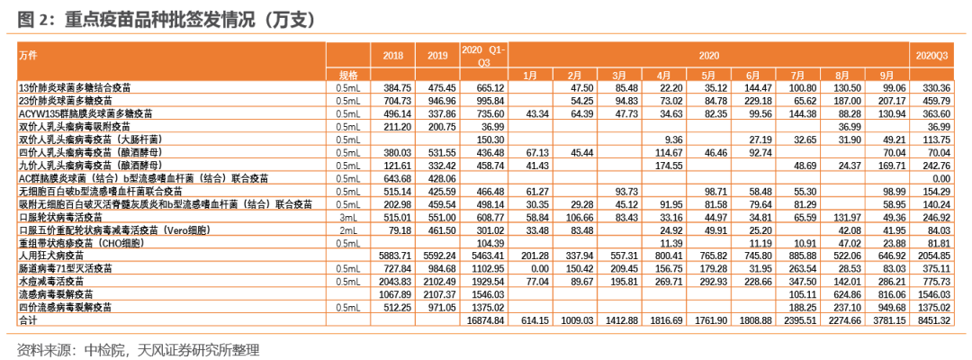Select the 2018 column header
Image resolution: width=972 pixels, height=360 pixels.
(393, 56)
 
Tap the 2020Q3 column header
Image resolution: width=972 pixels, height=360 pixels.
(932, 56)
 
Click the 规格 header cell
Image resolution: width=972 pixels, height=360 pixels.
(348, 75)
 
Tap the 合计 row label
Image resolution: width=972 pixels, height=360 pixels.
(28, 319)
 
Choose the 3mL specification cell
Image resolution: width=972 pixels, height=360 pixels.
(347, 217)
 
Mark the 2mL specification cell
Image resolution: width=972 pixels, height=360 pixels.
(347, 229)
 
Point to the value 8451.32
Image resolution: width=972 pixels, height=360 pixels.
(932, 319)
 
